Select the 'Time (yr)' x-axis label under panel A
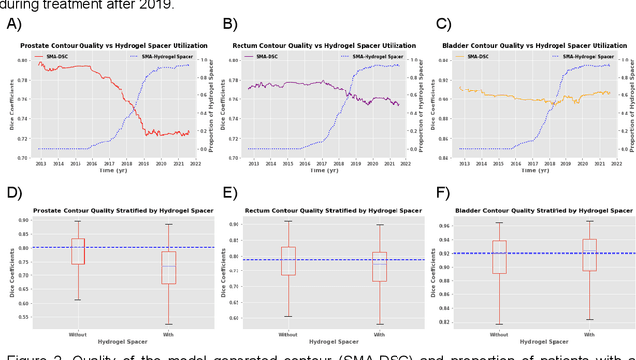[x=113, y=171]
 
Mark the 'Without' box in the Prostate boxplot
[x=77, y=263]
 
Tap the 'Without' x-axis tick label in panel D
[x=77, y=334]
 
